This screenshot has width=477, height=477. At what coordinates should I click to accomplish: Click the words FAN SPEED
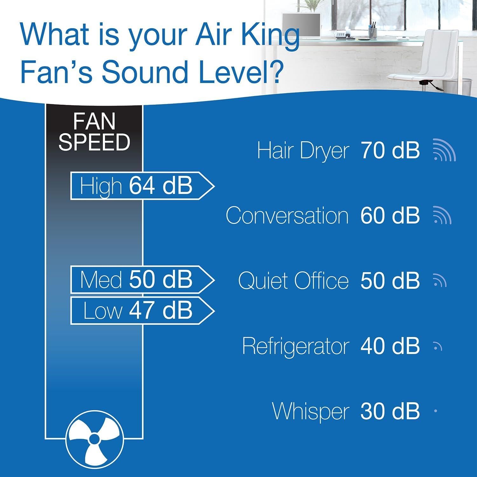click(94, 132)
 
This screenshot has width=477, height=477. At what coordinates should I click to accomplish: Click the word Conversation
click(287, 216)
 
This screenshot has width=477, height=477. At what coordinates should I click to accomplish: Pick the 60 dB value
click(390, 216)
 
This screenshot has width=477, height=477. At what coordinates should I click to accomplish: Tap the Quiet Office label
click(293, 281)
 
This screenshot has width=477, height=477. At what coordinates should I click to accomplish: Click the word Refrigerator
click(295, 346)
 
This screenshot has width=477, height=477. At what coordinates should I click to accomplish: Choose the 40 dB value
click(390, 346)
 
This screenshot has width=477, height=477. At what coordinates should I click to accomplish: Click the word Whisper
click(311, 411)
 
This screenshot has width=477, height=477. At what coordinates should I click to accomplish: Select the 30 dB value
click(390, 411)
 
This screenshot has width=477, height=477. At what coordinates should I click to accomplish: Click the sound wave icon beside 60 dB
click(442, 216)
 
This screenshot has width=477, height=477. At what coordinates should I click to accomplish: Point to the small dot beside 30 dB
click(435, 411)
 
